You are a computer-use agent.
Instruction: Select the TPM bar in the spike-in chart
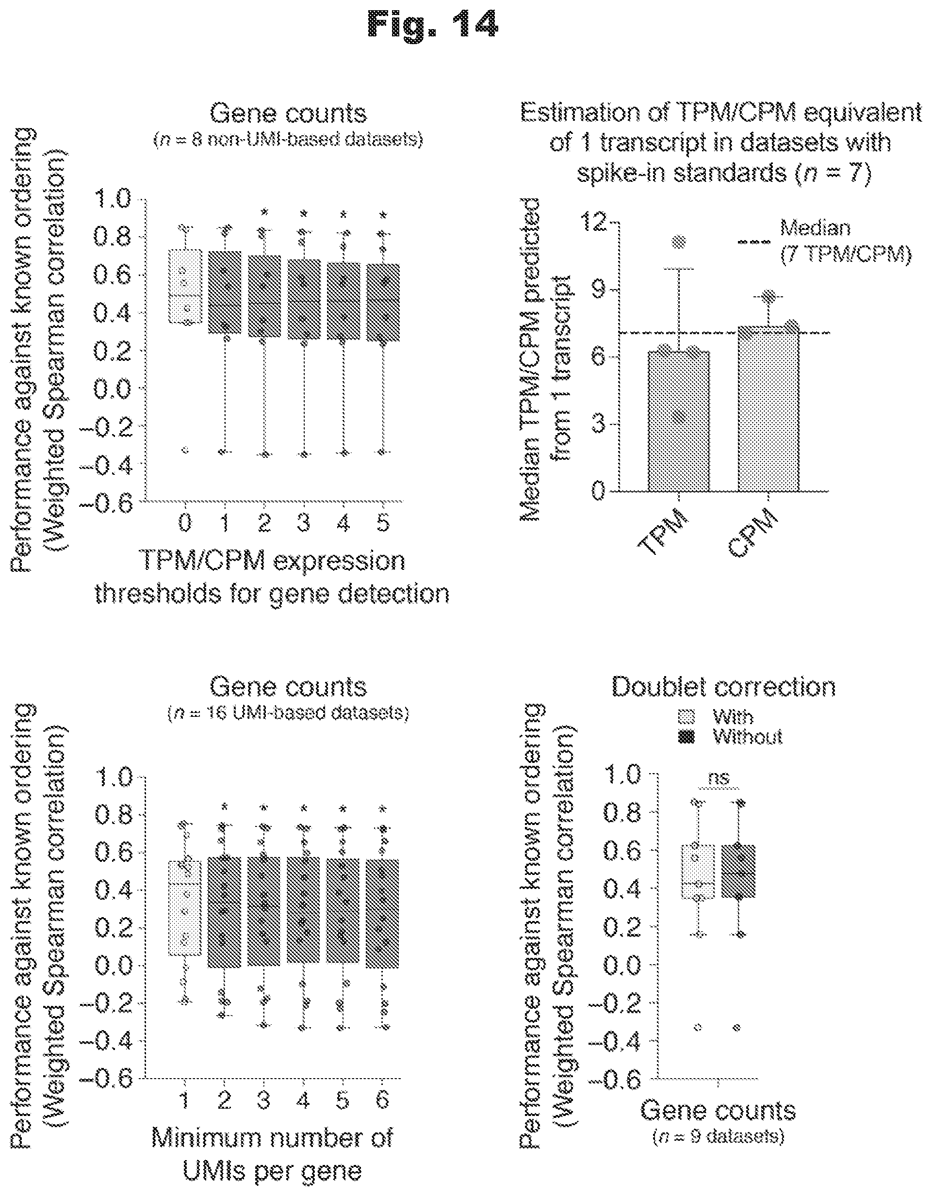678,421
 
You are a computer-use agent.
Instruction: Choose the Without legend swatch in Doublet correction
686,737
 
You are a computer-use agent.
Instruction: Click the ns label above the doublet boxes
719,777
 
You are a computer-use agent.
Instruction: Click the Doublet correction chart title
723,687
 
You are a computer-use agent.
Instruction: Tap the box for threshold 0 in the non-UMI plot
185,286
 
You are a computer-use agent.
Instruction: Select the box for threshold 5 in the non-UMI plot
383,302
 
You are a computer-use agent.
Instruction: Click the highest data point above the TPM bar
679,241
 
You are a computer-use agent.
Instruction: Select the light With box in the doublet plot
698,872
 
